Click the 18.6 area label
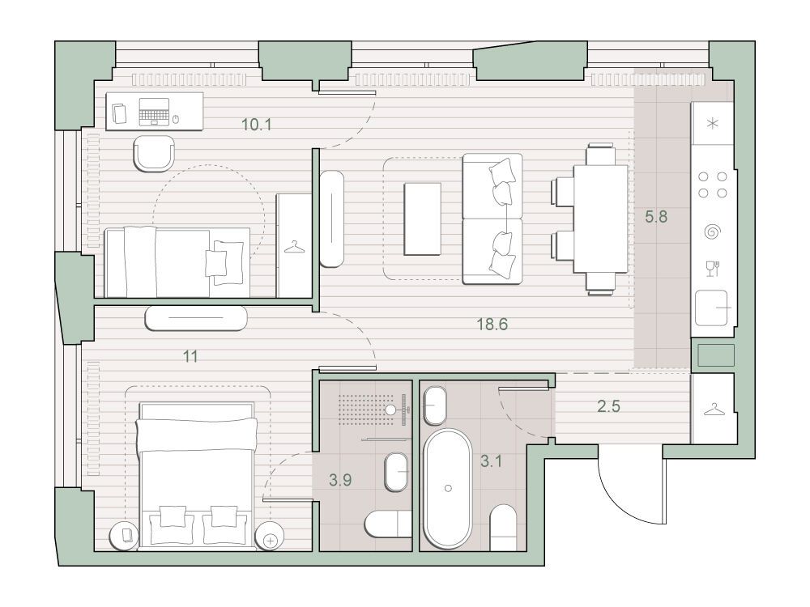tap(492, 325)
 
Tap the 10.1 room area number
tap(257, 125)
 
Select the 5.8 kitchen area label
tap(656, 217)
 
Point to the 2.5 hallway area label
tap(608, 406)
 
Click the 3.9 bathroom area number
tap(340, 480)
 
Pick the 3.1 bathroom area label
tap(491, 461)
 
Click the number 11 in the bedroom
tap(190, 356)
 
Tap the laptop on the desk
tap(154, 112)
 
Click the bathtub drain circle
tap(448, 488)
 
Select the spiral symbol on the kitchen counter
tap(712, 231)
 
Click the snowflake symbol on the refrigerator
tap(713, 124)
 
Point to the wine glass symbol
tap(712, 269)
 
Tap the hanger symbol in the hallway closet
tap(714, 410)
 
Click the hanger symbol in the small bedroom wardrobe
tap(294, 247)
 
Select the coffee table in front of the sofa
tap(423, 219)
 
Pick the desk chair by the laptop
tap(154, 153)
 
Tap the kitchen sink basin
tap(711, 308)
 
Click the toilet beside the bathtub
tap(503, 527)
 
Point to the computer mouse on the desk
tap(176, 120)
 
